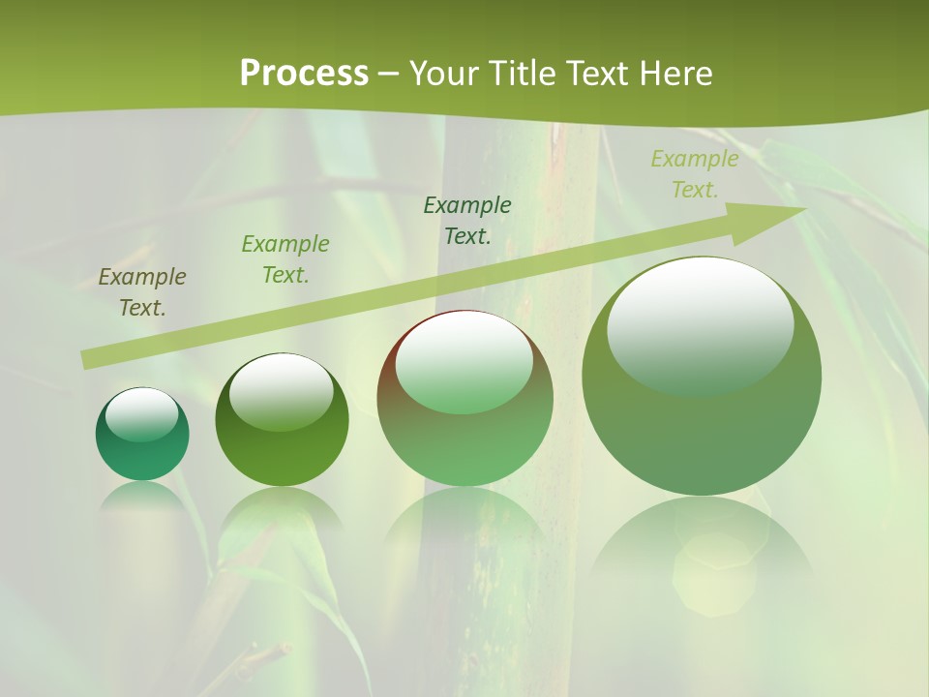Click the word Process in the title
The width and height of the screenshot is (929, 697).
point(304,74)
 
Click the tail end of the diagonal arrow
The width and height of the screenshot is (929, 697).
point(87,360)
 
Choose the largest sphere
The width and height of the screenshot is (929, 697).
point(702,426)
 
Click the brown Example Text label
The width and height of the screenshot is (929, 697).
point(142,292)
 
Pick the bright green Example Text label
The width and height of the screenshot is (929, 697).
point(285,259)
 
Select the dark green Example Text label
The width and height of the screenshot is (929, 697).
point(467,221)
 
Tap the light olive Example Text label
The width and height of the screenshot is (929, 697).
point(694,174)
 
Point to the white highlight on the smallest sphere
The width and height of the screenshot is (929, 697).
point(142,411)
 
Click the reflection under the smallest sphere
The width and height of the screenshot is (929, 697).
point(142,496)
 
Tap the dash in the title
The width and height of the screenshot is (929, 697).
point(388,74)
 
